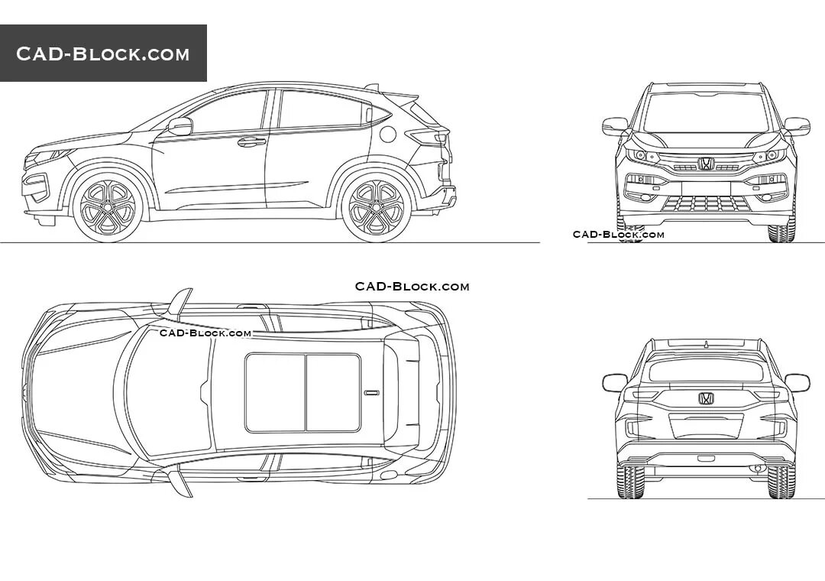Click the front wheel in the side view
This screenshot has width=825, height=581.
click(x=108, y=206)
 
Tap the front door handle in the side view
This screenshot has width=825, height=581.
click(x=251, y=141)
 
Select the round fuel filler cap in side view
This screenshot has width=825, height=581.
click(x=388, y=135)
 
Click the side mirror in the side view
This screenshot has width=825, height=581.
click(x=180, y=126)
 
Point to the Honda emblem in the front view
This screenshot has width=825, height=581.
click(x=705, y=164)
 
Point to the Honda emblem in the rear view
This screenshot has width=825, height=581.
click(x=706, y=398)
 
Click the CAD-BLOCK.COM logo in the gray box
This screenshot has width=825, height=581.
click(x=103, y=54)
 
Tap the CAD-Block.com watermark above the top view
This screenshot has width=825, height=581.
click(x=412, y=287)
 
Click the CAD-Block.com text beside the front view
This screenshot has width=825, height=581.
click(x=619, y=235)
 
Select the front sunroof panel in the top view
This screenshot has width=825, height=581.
click(x=276, y=392)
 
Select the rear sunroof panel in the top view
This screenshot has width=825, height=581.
click(x=333, y=392)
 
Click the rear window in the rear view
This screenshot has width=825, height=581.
click(x=706, y=371)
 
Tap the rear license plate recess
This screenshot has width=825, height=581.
click(x=706, y=426)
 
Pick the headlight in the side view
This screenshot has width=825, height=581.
click(x=50, y=156)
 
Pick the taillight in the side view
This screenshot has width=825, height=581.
click(x=427, y=137)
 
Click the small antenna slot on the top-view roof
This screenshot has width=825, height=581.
click(x=372, y=393)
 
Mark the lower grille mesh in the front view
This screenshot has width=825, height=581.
click(x=705, y=203)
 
